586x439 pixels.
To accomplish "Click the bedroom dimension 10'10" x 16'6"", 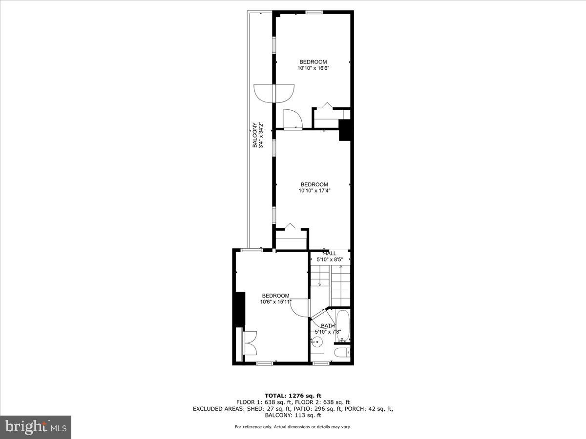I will pos(313,68).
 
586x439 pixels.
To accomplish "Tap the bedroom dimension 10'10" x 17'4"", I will pos(314,191).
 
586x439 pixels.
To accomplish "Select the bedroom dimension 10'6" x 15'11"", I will pos(275,302).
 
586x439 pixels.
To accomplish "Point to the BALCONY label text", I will pos(255,135).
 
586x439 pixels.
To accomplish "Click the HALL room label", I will pos(330,254).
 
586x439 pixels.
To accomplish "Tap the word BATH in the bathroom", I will pos(328,326).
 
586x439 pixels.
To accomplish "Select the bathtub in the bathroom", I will pos(343,325).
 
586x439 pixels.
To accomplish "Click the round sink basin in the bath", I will pos(317,342).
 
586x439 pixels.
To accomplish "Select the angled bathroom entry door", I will pos(318,315).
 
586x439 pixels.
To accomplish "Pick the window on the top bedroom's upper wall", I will pos(313,12).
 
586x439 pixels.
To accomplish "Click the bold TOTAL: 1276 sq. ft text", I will pos(293,396).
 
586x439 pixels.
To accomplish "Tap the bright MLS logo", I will pos(35,427).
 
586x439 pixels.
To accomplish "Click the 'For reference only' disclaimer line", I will pos(293,427).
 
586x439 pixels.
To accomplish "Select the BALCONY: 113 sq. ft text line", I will pos(293,416).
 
